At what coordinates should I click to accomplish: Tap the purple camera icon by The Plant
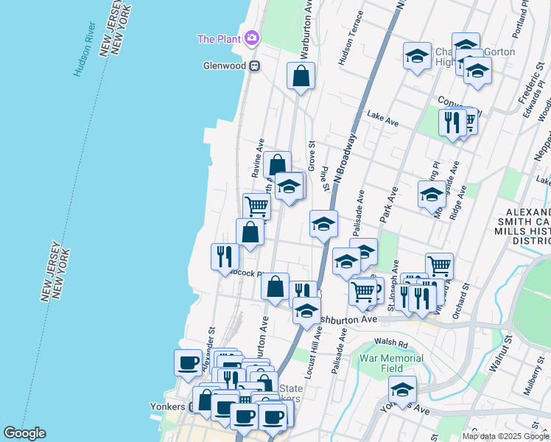(252, 38)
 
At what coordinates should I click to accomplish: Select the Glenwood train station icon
(255, 66)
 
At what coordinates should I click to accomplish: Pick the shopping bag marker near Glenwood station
(301, 76)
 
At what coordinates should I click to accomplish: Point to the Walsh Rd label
(390, 343)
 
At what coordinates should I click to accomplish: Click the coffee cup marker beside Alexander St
(188, 362)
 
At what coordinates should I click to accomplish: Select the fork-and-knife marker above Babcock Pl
(225, 256)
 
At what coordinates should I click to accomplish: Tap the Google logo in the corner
(24, 433)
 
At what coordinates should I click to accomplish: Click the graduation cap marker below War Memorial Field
(402, 389)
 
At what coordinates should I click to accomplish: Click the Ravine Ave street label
(258, 158)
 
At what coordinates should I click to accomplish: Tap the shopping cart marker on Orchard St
(439, 266)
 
